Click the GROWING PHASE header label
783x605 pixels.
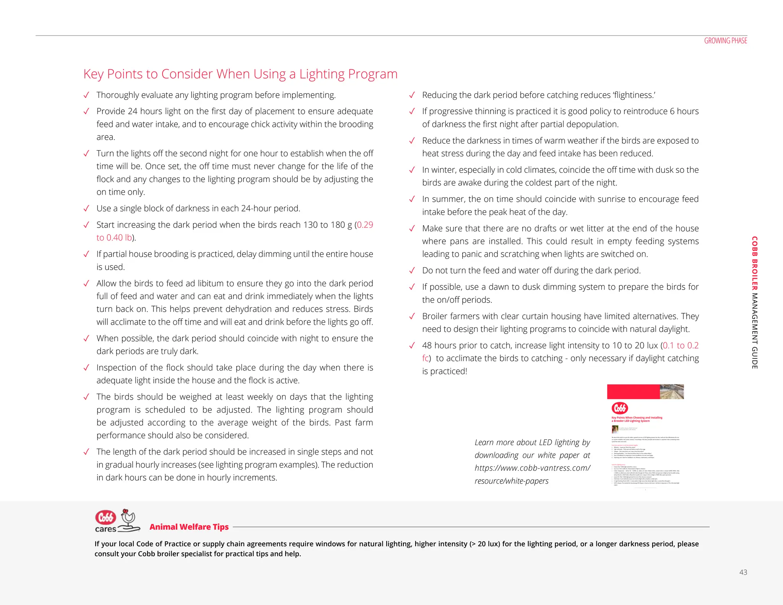[x=725, y=41]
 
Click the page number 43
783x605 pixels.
[x=743, y=572]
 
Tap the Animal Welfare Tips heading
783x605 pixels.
[x=189, y=527]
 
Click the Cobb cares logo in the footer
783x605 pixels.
[x=117, y=521]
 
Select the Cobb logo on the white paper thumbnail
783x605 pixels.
[x=620, y=408]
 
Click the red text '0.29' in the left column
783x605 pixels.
[x=365, y=225]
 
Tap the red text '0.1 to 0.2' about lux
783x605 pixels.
[x=681, y=346]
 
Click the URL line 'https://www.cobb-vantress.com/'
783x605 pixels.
[x=532, y=468]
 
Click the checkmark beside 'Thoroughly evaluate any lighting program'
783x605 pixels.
[x=86, y=95]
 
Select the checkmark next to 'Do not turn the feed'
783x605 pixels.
[x=412, y=271]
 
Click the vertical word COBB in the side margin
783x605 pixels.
[x=754, y=246]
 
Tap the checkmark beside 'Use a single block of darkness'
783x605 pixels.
[x=86, y=209]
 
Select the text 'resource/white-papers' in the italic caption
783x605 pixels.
[x=511, y=481]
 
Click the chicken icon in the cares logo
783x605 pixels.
[x=128, y=517]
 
